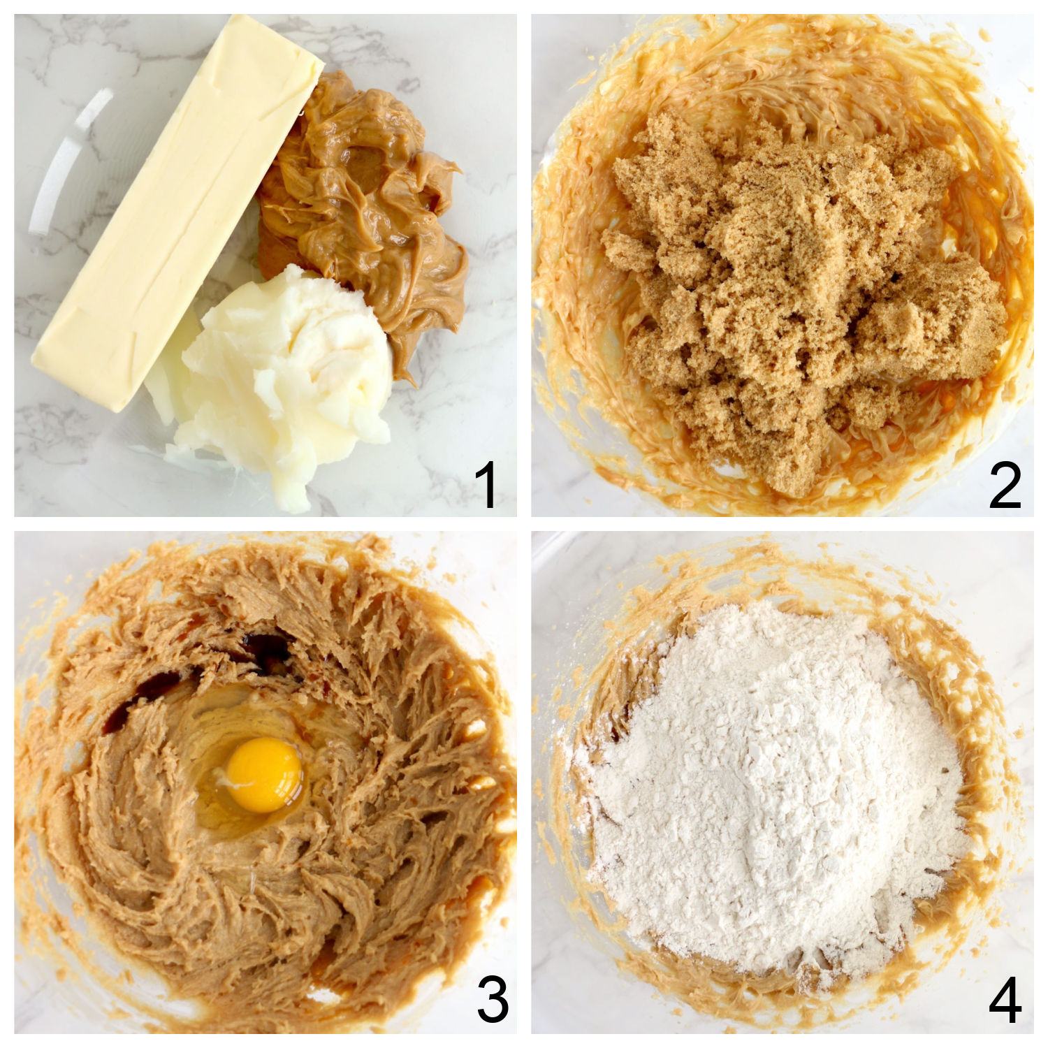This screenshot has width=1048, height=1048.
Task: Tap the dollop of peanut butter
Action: [363, 210]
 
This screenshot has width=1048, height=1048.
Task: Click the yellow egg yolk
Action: [265, 774]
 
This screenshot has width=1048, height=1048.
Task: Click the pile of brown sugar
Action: [789, 279]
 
